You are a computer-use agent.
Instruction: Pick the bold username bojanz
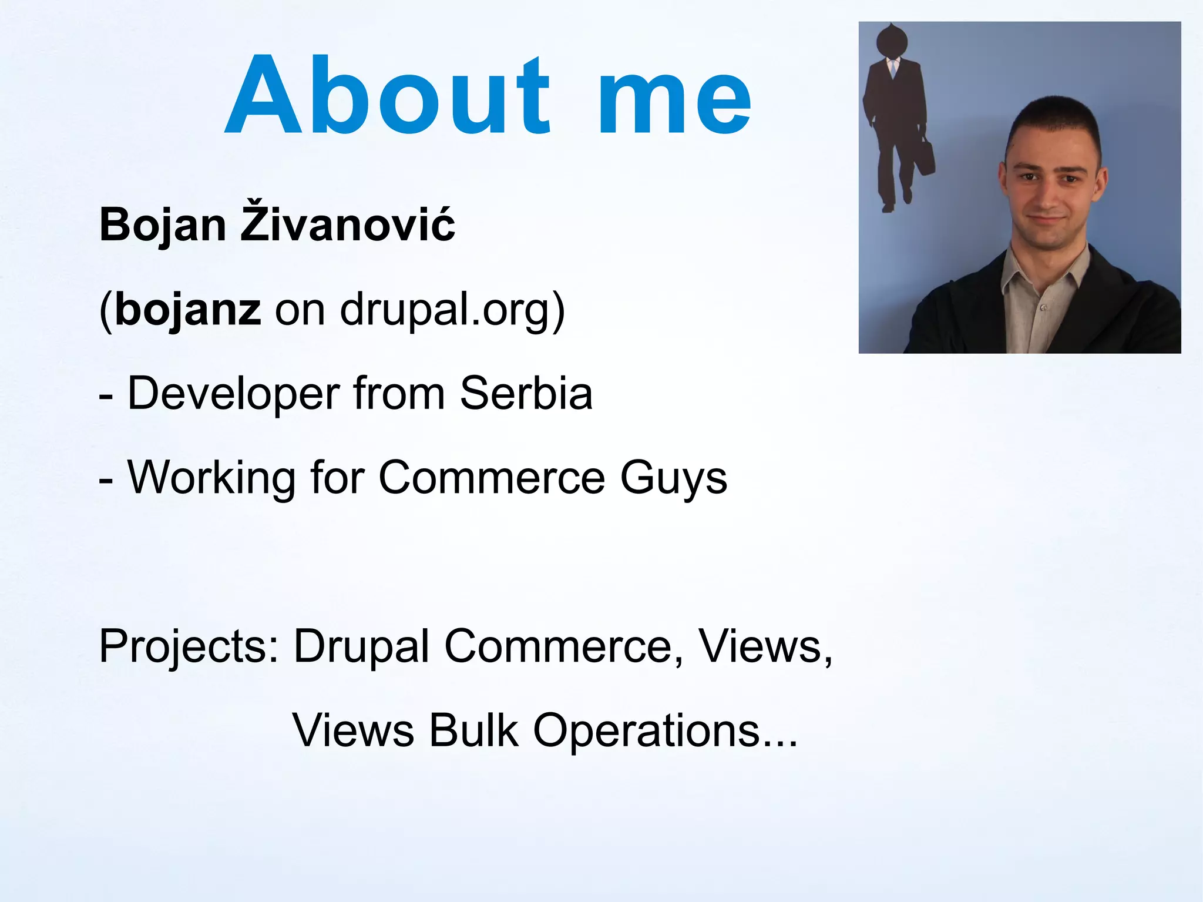pyautogui.click(x=187, y=310)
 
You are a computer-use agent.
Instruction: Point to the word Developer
pyautogui.click(x=233, y=394)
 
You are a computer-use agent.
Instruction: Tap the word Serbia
pyautogui.click(x=526, y=393)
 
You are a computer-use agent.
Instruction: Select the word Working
pyautogui.click(x=211, y=478)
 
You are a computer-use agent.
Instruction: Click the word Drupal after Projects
pyautogui.click(x=361, y=646)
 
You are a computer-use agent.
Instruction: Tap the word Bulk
pyautogui.click(x=473, y=730)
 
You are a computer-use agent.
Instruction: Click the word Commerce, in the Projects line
pyautogui.click(x=564, y=646)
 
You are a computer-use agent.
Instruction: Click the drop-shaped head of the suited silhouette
pyautogui.click(x=892, y=41)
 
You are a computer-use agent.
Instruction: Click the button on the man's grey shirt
pyautogui.click(x=1043, y=307)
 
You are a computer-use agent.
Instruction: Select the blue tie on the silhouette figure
pyautogui.click(x=893, y=68)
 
